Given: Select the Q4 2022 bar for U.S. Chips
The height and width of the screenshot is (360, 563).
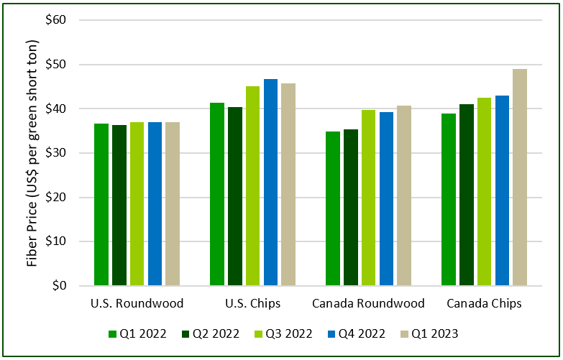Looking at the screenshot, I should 270,183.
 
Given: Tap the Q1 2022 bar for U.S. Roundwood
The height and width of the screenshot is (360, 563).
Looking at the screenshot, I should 101,205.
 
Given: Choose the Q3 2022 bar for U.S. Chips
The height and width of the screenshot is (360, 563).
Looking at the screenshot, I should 253,186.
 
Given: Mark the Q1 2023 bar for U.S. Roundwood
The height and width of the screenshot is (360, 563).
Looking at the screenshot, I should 173,204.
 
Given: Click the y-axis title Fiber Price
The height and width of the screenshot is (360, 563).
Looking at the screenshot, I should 32,152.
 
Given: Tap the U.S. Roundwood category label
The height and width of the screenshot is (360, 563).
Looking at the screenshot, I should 137,304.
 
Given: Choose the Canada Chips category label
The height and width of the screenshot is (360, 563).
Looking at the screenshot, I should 484,304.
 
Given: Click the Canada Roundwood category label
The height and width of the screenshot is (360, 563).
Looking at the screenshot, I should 368,304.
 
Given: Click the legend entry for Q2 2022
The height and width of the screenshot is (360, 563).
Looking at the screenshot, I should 211,333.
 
